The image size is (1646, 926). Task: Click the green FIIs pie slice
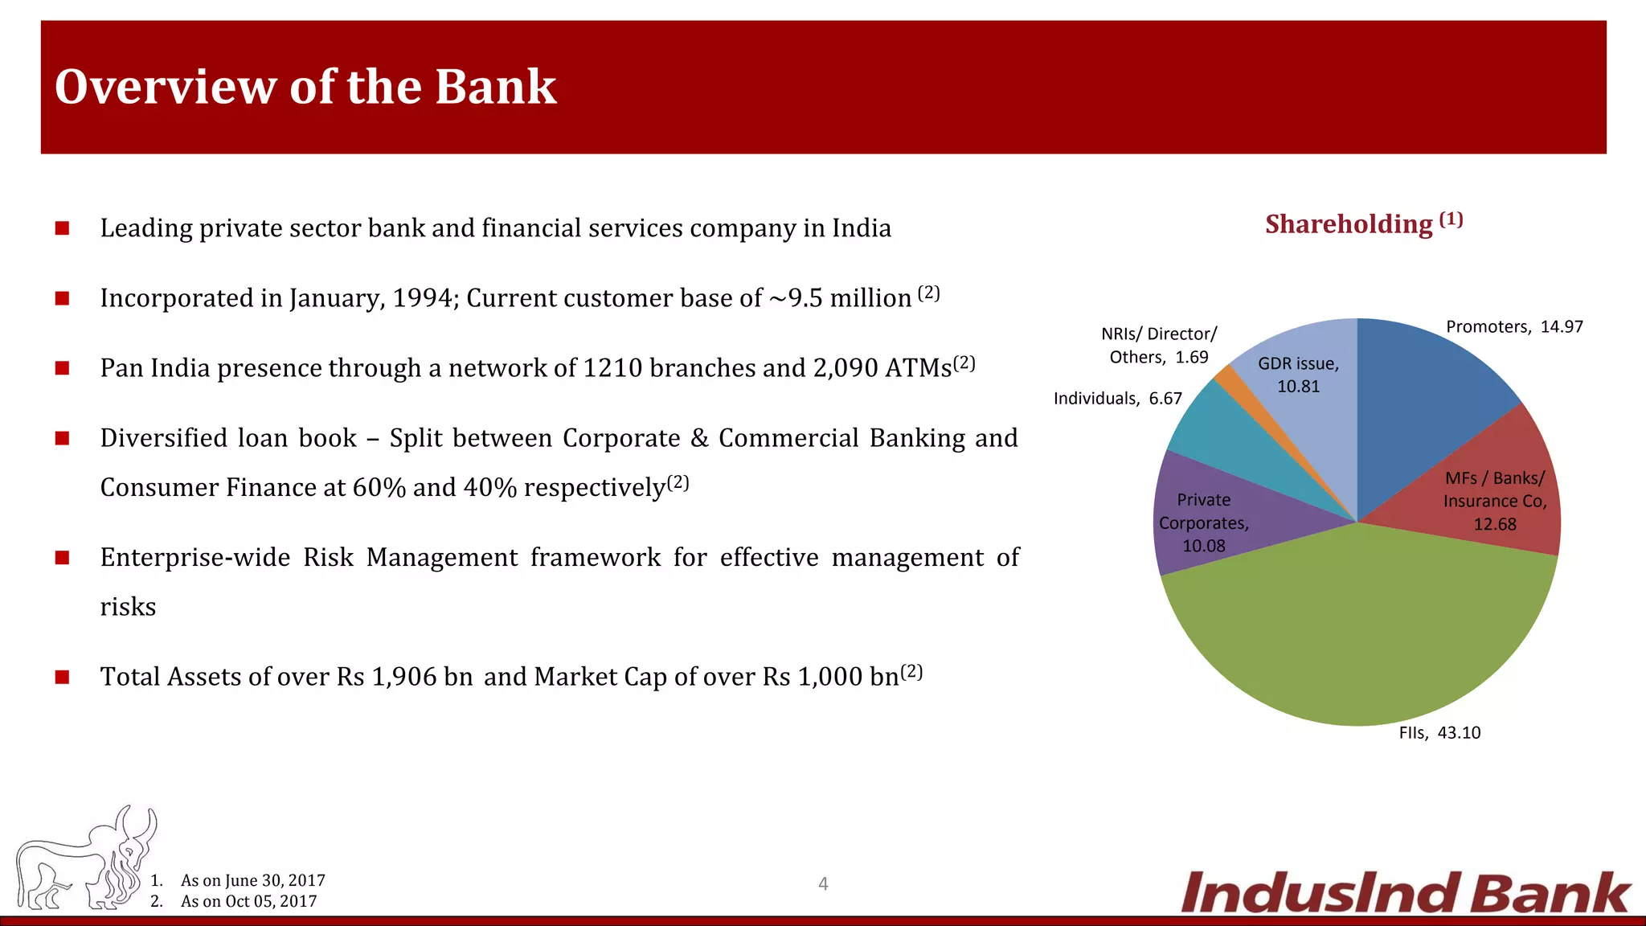[1358, 635]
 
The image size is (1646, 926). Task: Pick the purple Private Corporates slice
[1206, 522]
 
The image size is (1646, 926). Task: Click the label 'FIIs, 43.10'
[1439, 732]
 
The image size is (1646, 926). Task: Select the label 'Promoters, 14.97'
[1514, 326]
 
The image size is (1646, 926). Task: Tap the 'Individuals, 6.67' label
[1117, 399]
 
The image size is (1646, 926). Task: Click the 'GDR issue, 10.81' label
[1299, 375]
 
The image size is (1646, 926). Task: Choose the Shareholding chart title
[1363, 223]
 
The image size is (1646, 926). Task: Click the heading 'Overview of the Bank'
[305, 87]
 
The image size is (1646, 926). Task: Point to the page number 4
[823, 884]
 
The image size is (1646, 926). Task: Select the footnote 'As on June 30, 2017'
[252, 880]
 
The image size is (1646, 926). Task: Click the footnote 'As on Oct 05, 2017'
[248, 901]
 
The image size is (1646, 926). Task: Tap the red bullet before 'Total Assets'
[62, 677]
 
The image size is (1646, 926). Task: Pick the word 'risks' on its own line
[128, 607]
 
